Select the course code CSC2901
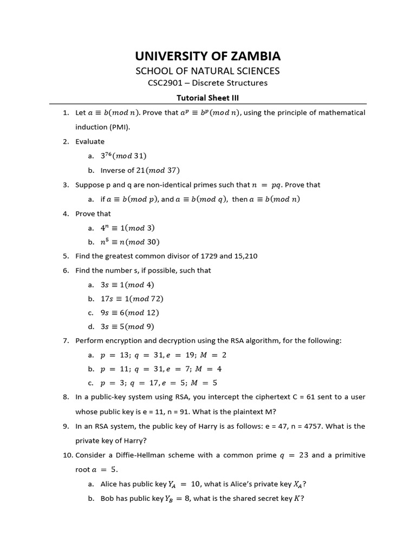(167, 83)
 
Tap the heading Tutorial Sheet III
(208, 98)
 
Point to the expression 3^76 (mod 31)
(123, 156)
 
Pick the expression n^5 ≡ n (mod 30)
(130, 242)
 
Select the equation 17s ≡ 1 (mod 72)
(132, 299)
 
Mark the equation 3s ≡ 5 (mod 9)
(127, 326)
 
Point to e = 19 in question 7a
(179, 355)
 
